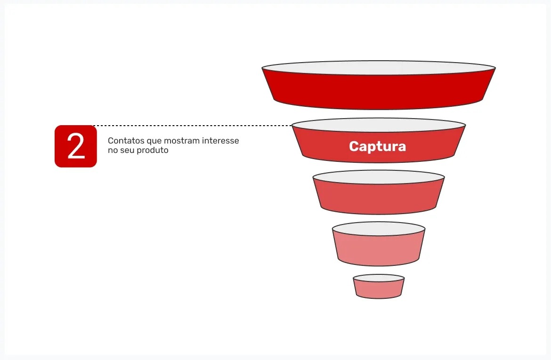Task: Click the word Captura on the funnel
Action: [377, 146]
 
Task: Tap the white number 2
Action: [76, 146]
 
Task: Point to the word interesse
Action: [221, 141]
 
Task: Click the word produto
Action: [154, 151]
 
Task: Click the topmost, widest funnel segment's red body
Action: [378, 91]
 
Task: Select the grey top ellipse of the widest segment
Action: [378, 68]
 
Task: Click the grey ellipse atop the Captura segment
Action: [378, 125]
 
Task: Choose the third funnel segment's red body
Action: [378, 198]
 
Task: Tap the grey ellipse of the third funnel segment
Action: [378, 177]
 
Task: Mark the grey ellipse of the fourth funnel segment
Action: [378, 229]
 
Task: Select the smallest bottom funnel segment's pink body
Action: [378, 289]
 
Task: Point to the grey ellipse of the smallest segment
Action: [378, 278]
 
